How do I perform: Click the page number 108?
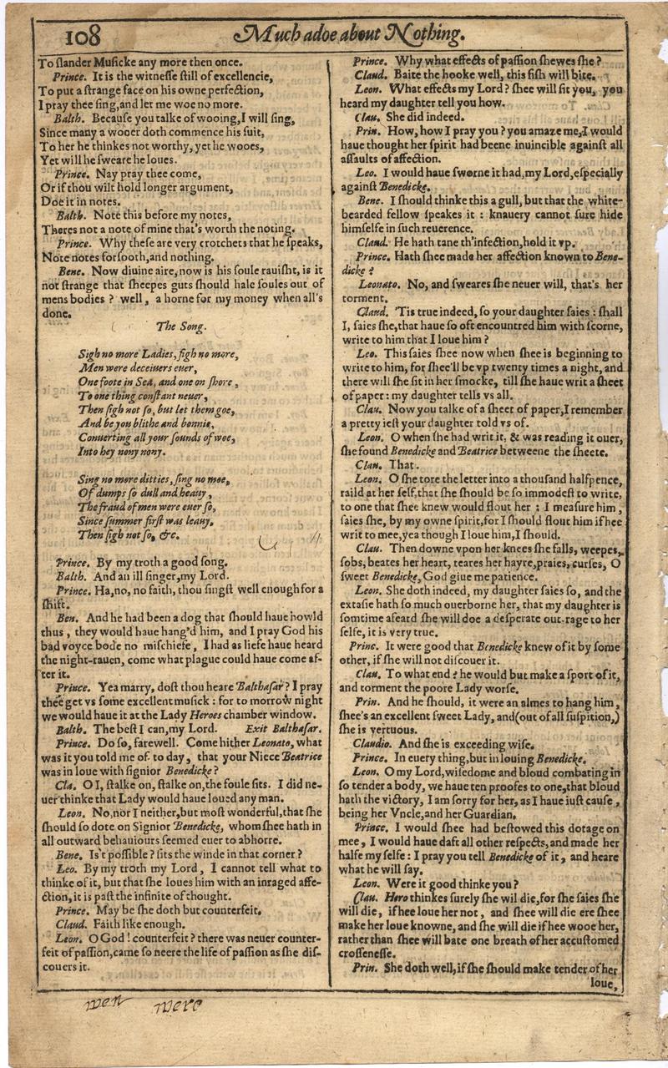point(82,36)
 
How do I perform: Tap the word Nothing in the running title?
point(423,34)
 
